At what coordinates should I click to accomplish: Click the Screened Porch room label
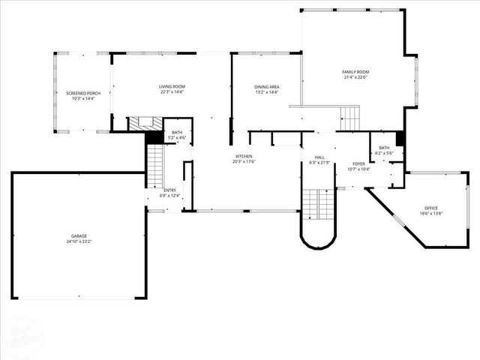click(x=83, y=93)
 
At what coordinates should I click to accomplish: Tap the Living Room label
click(x=172, y=87)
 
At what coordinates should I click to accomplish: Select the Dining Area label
click(x=267, y=87)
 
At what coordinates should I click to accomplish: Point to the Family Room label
click(x=356, y=72)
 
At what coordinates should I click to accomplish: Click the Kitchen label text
click(x=244, y=156)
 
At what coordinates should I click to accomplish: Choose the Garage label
click(x=79, y=236)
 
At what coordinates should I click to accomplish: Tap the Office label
click(x=430, y=208)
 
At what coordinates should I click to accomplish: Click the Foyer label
click(x=359, y=163)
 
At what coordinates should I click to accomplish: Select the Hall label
click(x=319, y=157)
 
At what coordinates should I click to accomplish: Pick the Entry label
click(x=170, y=190)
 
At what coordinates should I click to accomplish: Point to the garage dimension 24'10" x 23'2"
click(x=79, y=241)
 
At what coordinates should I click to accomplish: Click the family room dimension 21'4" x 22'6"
click(x=356, y=77)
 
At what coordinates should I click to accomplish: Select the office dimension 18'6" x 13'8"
click(x=430, y=214)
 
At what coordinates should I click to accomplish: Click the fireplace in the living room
click(x=144, y=124)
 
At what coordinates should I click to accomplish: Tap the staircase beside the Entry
click(x=154, y=166)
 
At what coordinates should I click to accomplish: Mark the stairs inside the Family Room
click(x=350, y=117)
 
